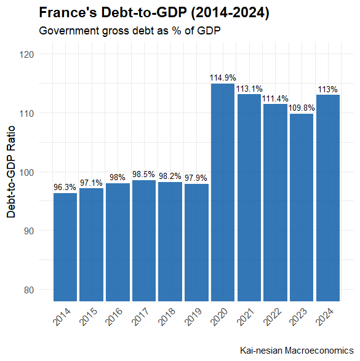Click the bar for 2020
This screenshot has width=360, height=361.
pyautogui.click(x=223, y=192)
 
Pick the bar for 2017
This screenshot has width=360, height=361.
pyautogui.click(x=144, y=240)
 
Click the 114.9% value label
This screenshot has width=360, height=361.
pyautogui.click(x=223, y=78)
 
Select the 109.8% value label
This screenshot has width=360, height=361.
pyautogui.click(x=302, y=108)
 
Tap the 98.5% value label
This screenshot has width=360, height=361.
pyautogui.click(x=144, y=175)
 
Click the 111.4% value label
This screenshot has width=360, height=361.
pyautogui.click(x=275, y=98)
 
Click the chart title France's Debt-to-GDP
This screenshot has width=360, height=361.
pyautogui.click(x=154, y=13)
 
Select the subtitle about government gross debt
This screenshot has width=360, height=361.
pyautogui.click(x=129, y=30)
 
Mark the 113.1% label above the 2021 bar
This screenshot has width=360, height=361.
pyautogui.click(x=249, y=89)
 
